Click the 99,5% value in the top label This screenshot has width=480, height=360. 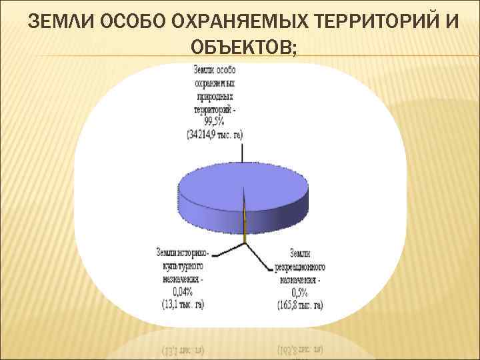click(215, 122)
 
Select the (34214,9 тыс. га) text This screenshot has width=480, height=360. click(215, 133)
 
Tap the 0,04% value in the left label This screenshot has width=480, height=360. click(181, 291)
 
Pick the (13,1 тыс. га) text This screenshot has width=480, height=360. click(182, 303)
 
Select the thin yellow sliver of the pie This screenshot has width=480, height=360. click(245, 223)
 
